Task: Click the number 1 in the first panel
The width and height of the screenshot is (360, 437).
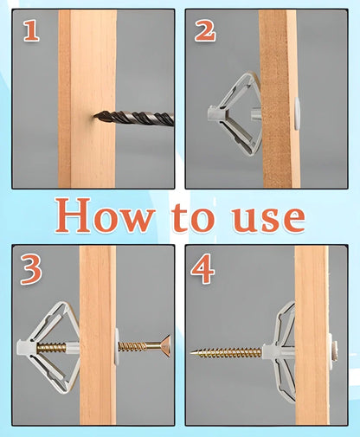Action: (31, 32)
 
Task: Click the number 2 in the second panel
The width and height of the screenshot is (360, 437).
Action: (205, 32)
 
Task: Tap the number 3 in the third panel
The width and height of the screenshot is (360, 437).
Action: (31, 270)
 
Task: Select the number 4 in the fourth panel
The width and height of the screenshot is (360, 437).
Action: (203, 270)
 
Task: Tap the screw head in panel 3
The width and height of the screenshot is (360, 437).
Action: (161, 346)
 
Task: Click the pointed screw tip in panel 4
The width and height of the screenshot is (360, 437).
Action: (194, 353)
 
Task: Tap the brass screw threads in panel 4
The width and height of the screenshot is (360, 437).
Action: (229, 353)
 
